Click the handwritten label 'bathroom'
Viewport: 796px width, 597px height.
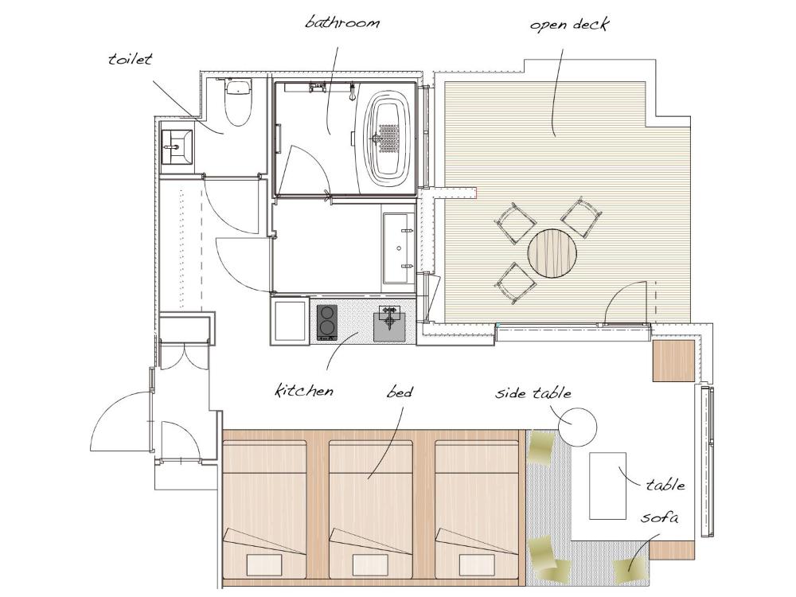pyautogui.click(x=342, y=21)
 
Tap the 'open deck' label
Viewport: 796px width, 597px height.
pyautogui.click(x=569, y=24)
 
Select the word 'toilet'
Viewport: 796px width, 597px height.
pyautogui.click(x=130, y=59)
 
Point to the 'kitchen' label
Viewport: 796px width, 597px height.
pyautogui.click(x=303, y=391)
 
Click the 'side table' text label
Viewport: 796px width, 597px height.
pyautogui.click(x=533, y=393)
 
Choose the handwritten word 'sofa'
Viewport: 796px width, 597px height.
pyautogui.click(x=659, y=518)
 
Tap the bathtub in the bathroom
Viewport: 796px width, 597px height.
pyautogui.click(x=388, y=138)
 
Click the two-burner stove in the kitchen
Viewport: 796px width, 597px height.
pyautogui.click(x=327, y=322)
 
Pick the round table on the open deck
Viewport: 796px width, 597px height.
pyautogui.click(x=552, y=254)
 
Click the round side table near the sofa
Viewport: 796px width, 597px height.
pyautogui.click(x=576, y=427)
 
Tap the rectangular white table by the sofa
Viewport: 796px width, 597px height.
pyautogui.click(x=607, y=486)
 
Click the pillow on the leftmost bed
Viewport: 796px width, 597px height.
pyautogui.click(x=263, y=564)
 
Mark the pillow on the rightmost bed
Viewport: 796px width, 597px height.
pyautogui.click(x=477, y=564)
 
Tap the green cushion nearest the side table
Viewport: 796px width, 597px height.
pyautogui.click(x=541, y=447)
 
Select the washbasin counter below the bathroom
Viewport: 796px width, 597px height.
pyautogui.click(x=397, y=248)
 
